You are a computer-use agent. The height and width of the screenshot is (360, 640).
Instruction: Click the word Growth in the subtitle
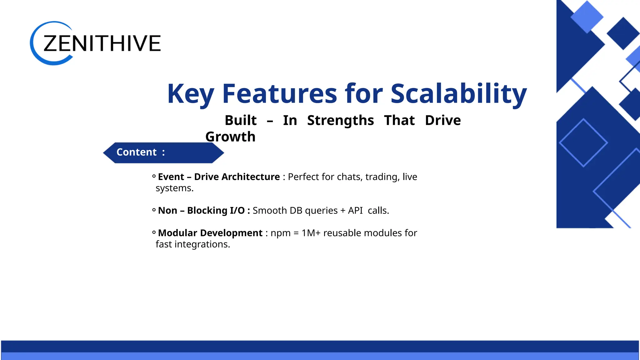tap(230, 137)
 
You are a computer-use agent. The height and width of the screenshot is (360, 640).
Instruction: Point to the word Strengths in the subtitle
tap(340, 120)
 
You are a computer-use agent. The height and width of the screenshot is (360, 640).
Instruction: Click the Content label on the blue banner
tap(137, 152)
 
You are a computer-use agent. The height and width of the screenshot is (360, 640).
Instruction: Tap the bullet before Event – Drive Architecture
tap(154, 177)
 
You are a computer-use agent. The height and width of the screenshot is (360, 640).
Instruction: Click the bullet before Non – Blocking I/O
tap(154, 210)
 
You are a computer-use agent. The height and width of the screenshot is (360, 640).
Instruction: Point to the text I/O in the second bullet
tap(237, 211)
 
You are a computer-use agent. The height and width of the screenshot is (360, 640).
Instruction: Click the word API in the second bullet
tap(355, 211)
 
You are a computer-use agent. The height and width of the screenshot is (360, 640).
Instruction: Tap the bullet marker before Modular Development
tap(154, 233)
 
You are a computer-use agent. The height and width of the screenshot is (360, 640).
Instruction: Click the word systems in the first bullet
tap(174, 188)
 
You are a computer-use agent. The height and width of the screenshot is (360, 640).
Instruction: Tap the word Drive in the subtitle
tap(442, 120)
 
